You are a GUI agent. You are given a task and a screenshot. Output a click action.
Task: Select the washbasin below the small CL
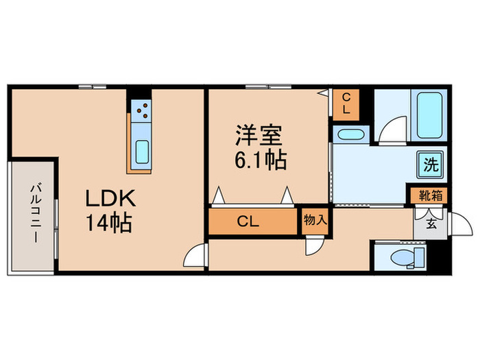350,133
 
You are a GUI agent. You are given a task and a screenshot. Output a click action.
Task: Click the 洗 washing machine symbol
429,165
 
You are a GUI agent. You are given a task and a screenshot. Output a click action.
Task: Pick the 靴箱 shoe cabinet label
430,195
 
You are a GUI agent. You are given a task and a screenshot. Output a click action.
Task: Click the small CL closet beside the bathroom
346,104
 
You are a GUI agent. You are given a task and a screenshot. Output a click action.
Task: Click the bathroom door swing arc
389,131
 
